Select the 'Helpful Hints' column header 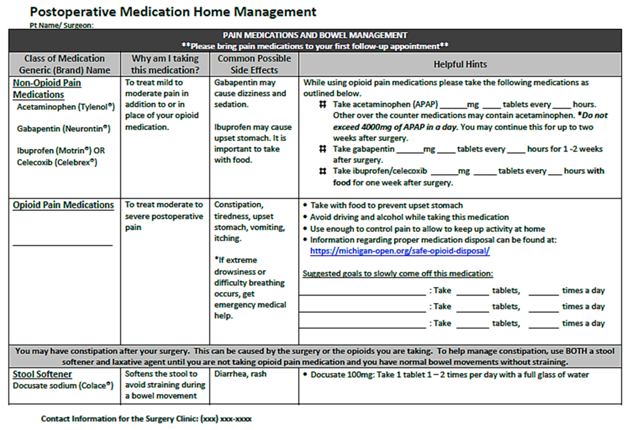tap(460, 64)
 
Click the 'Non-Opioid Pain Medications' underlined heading tap(47, 88)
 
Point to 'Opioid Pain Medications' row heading tap(63, 205)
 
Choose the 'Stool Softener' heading tap(42, 374)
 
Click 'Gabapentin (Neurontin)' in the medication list tap(64, 129)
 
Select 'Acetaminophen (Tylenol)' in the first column tap(66, 107)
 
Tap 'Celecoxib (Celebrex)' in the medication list tap(57, 162)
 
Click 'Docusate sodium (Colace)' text tap(63, 386)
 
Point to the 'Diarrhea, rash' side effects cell tap(240, 374)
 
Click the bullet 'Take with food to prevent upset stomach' tap(386, 206)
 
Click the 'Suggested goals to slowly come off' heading tap(398, 273)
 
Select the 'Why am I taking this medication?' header tap(165, 64)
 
